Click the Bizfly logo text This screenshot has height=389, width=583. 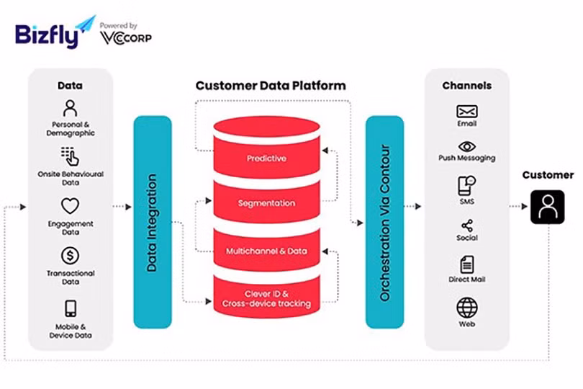(45, 35)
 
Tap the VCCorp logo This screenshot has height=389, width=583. (126, 38)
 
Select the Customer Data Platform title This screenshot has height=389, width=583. (271, 86)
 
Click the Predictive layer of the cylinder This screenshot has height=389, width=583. (266, 158)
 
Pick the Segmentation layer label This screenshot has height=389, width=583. (266, 204)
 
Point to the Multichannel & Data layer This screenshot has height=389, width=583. (266, 251)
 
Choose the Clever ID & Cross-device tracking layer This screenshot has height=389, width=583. (266, 298)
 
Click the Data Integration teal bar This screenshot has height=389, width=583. (153, 222)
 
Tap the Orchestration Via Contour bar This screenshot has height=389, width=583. (384, 222)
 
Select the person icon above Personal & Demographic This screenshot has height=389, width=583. (70, 109)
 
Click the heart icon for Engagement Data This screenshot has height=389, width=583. (70, 207)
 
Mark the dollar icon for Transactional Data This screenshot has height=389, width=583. (70, 256)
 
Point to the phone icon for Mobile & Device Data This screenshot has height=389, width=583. (71, 309)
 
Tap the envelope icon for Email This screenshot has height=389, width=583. (467, 112)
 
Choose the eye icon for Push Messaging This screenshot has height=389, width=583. (467, 146)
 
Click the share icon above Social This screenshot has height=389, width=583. (467, 225)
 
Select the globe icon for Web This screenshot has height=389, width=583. (467, 308)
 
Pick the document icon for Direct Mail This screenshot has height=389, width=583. (467, 264)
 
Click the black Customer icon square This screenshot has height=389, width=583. (548, 207)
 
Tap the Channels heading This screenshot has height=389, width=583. (467, 86)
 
